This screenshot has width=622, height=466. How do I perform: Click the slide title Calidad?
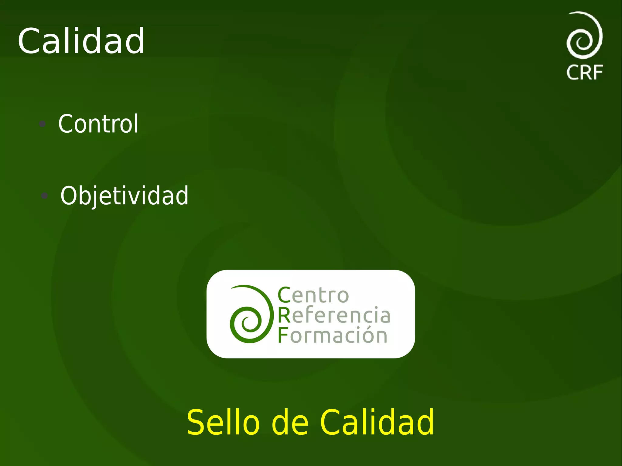coord(81,41)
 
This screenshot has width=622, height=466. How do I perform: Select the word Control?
coord(98,124)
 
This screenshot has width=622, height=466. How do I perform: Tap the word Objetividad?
coord(124,196)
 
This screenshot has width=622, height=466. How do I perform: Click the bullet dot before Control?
coord(43,124)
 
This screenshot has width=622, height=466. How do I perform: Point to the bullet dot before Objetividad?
coord(45,196)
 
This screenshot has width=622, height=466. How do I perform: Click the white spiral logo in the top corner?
coord(584,35)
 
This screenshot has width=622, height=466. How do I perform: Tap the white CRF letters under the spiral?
coord(585,73)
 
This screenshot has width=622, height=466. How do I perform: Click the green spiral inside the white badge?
coord(250,315)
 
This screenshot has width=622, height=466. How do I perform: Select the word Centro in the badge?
coord(313,295)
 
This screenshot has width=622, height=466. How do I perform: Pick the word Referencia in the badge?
coord(334,315)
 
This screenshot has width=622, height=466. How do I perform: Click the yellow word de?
coord(290,422)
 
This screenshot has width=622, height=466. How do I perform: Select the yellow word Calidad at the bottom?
coord(377,422)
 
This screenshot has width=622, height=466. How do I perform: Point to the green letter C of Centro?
coord(284,295)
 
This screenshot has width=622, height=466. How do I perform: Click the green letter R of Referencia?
coord(284,315)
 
